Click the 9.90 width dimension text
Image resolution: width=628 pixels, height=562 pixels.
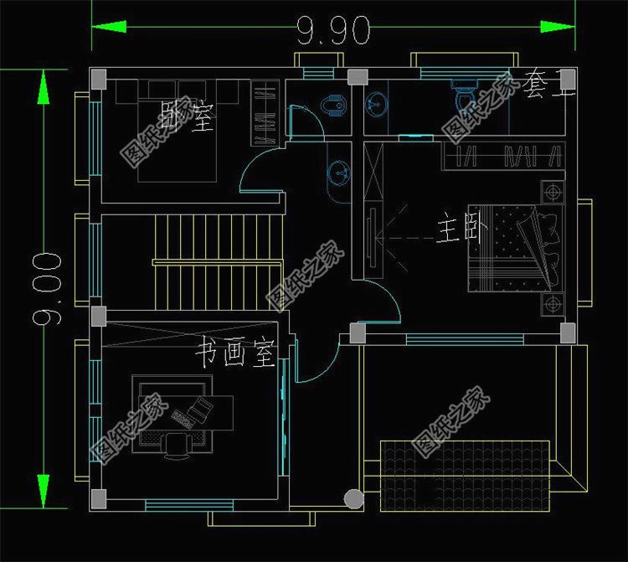click(333, 31)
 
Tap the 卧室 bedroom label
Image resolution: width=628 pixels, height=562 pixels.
click(188, 116)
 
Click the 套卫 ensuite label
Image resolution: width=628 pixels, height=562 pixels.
click(548, 85)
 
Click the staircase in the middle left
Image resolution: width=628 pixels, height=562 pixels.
click(218, 261)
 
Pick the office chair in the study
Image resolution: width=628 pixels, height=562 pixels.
click(177, 445)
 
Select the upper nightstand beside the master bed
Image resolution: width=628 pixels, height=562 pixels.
click(552, 192)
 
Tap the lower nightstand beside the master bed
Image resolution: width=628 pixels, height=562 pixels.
click(552, 302)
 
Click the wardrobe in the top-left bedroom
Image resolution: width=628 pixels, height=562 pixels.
click(264, 114)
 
